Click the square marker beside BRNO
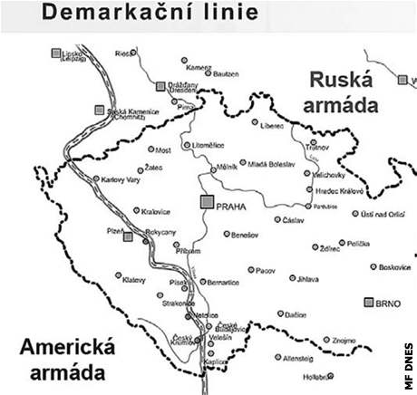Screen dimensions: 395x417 pos(369,302)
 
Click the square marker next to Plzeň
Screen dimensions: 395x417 pos(128,236)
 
